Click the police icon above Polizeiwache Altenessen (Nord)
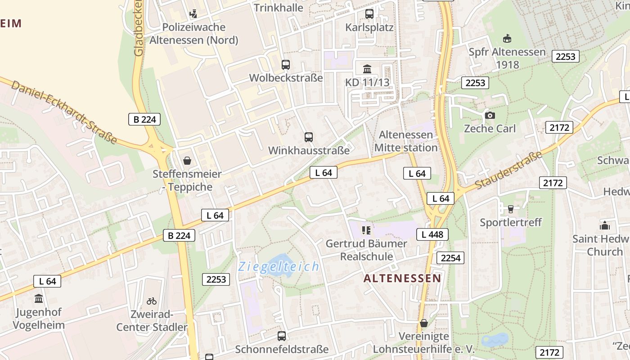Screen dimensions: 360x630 pyautogui.click(x=193, y=14)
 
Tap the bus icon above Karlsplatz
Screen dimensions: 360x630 pyautogui.click(x=369, y=14)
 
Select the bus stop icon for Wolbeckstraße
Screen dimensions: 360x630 pyautogui.click(x=286, y=65)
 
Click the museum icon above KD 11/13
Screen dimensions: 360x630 pyautogui.click(x=367, y=69)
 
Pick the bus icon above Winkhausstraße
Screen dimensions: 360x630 pyautogui.click(x=309, y=137)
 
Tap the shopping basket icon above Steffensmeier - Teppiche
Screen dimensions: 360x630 pyautogui.click(x=187, y=161)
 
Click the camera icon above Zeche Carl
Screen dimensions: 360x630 pyautogui.click(x=490, y=116)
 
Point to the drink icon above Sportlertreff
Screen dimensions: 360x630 pyautogui.click(x=510, y=209)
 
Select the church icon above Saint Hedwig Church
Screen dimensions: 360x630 pyautogui.click(x=604, y=225)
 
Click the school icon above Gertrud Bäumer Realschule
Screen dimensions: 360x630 pyautogui.click(x=366, y=230)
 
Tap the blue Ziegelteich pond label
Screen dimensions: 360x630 pyautogui.click(x=279, y=267)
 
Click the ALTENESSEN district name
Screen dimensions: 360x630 pyautogui.click(x=402, y=279)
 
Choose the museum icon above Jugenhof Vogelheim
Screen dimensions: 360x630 pyautogui.click(x=39, y=299)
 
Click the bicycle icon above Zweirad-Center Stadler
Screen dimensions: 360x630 pyautogui.click(x=152, y=301)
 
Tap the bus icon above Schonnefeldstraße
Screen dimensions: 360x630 pyautogui.click(x=282, y=336)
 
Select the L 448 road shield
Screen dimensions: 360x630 pyautogui.click(x=432, y=234)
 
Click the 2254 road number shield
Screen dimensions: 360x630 pyautogui.click(x=450, y=258)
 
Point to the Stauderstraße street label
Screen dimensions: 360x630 pyautogui.click(x=508, y=171)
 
